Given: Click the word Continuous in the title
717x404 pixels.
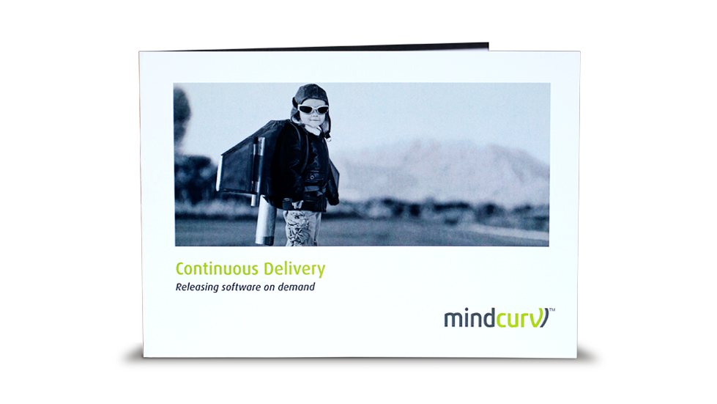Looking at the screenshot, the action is (218, 268).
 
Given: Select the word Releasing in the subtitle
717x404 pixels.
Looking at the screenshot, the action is (197, 287).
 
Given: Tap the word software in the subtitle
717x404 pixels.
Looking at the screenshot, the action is (241, 287).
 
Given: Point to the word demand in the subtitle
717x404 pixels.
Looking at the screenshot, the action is (297, 287).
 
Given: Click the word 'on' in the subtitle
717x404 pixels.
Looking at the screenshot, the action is (269, 288).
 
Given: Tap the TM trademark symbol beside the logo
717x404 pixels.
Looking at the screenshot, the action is (552, 310).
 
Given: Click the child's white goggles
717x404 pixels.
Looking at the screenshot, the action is (313, 109).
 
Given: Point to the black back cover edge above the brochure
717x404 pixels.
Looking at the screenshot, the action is (330, 47).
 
